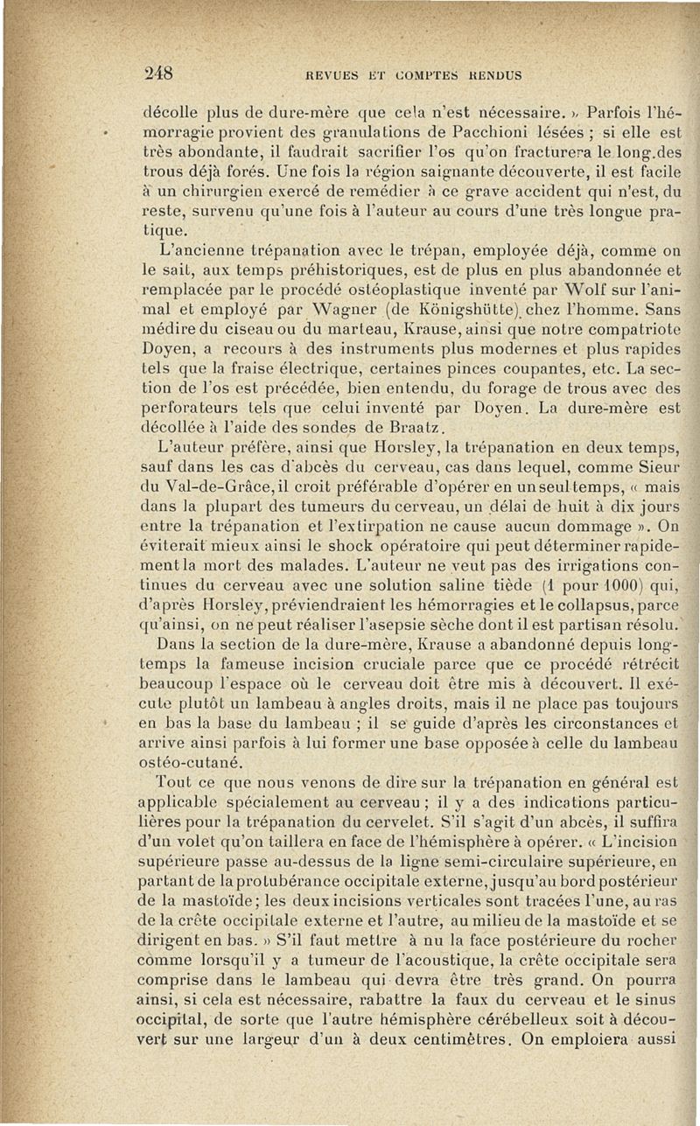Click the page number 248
tap(157, 73)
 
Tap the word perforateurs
tap(185, 409)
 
